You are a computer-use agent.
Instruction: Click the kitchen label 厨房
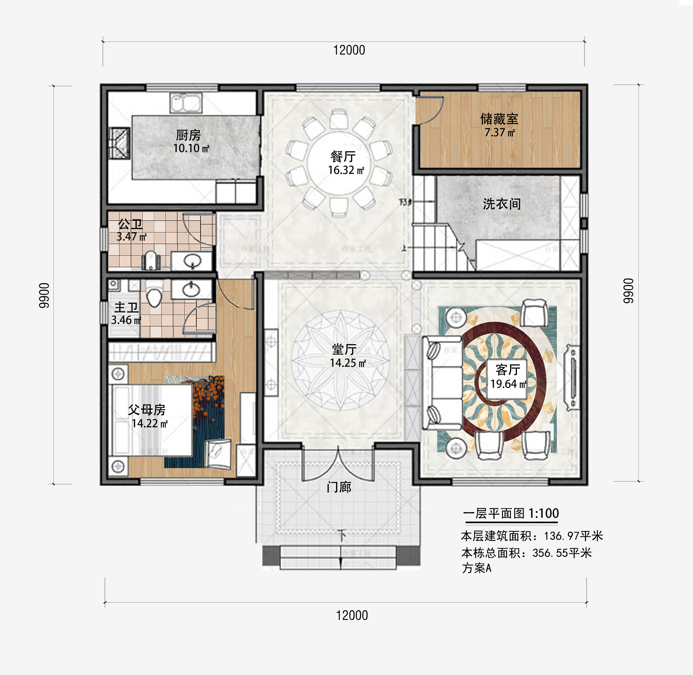(188, 135)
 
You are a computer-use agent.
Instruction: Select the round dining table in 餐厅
(339, 163)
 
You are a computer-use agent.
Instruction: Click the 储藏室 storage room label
(499, 119)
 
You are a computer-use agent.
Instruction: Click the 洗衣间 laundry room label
(501, 204)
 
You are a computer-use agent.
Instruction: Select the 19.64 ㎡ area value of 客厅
(508, 384)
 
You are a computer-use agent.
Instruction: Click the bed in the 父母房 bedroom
(151, 420)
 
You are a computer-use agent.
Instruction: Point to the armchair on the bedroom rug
(218, 454)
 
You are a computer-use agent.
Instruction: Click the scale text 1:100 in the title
(543, 513)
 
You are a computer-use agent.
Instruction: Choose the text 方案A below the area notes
(476, 568)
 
